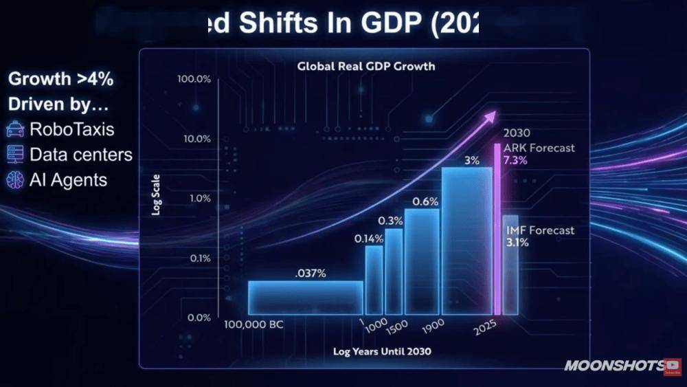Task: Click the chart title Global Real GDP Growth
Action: pyautogui.click(x=365, y=67)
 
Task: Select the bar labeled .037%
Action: pyautogui.click(x=306, y=298)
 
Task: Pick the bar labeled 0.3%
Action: pyautogui.click(x=394, y=272)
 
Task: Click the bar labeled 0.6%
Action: pyautogui.click(x=422, y=262)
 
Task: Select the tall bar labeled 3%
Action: pyautogui.click(x=467, y=241)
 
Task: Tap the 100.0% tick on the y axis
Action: pyautogui.click(x=194, y=79)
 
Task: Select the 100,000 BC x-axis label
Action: pyautogui.click(x=253, y=324)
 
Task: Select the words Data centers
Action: pyautogui.click(x=80, y=155)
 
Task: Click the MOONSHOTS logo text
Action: pyautogui.click(x=613, y=366)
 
